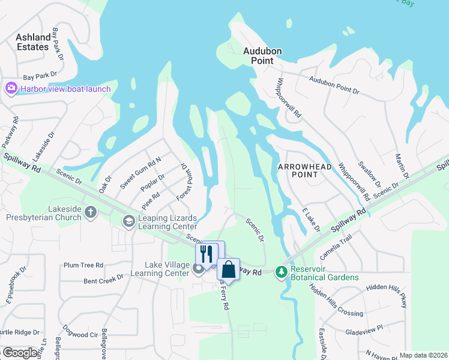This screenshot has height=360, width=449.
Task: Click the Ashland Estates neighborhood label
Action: click(x=33, y=42)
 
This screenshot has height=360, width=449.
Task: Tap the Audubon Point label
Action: click(x=262, y=56)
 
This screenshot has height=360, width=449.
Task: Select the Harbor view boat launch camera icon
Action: click(x=11, y=89)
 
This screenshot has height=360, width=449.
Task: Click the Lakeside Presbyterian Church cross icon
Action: click(x=91, y=211)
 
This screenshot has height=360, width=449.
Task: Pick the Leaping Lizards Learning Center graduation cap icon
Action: click(x=128, y=221)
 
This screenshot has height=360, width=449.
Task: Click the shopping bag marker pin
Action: click(x=228, y=269)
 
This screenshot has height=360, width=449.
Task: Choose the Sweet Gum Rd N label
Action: click(x=140, y=173)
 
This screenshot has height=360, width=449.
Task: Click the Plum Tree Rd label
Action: click(x=83, y=265)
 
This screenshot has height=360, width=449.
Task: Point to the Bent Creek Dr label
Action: click(x=103, y=278)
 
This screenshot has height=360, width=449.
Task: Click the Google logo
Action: click(x=19, y=353)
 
